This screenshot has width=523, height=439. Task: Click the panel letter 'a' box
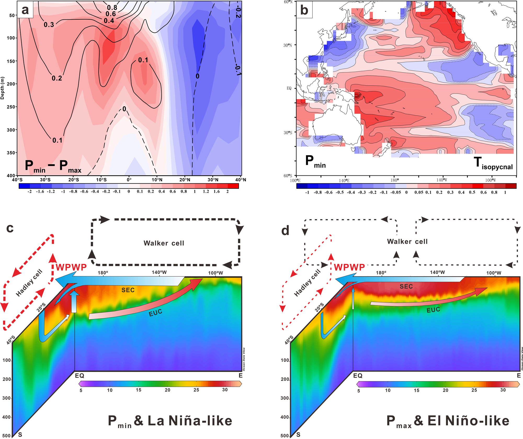25,10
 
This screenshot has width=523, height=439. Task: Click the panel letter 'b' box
304,10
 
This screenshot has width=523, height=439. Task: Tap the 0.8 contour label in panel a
112,7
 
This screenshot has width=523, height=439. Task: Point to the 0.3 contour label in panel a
49,25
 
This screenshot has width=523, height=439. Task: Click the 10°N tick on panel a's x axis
157,180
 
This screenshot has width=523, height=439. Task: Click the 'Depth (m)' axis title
3,88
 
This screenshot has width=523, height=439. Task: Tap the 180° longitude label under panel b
394,180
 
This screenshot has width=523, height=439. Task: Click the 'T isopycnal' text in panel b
493,164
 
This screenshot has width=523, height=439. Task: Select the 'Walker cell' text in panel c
164,243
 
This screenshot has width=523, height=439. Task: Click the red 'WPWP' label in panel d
349,267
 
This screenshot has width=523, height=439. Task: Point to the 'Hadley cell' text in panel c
29,283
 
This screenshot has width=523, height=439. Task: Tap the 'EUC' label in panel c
156,313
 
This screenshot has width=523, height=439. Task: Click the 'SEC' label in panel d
406,287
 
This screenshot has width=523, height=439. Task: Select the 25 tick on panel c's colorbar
196,390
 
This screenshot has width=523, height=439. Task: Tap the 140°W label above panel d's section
437,272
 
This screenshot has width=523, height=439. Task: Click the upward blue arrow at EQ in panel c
74,302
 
